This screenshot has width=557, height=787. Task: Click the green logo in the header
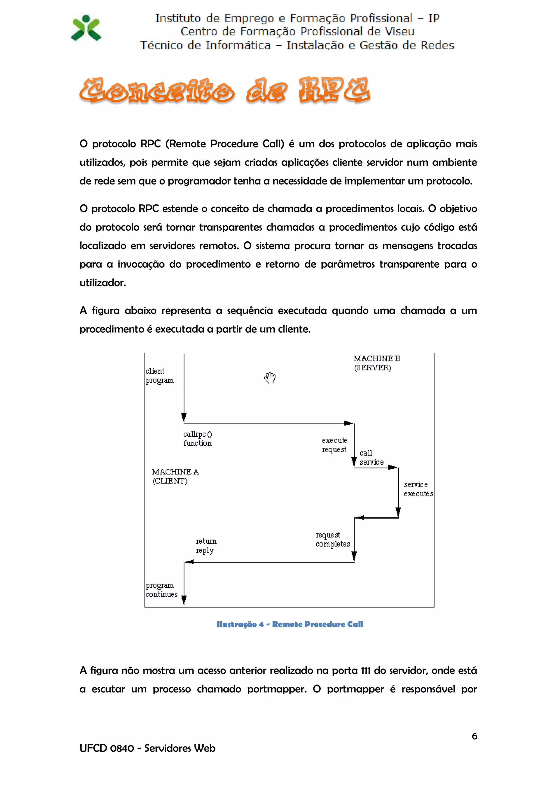(86, 28)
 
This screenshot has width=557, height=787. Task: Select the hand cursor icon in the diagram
(270, 378)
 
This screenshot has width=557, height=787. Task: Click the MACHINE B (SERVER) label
(377, 363)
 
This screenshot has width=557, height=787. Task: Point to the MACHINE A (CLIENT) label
(175, 476)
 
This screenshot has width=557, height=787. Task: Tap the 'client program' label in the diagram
(159, 376)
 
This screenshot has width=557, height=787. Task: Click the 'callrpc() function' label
(197, 439)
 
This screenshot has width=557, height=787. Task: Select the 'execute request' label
(335, 445)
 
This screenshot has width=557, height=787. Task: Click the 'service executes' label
(418, 489)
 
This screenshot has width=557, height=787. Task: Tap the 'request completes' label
(332, 539)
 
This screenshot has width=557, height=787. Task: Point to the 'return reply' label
(206, 546)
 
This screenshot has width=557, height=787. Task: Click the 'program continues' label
(161, 590)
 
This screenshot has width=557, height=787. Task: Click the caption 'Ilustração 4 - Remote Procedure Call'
(290, 624)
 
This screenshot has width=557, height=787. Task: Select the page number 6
(474, 736)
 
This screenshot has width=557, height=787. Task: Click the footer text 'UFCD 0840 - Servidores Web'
(147, 748)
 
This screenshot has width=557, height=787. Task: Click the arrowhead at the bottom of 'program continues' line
(184, 599)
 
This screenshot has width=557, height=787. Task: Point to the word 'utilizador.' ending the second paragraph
(103, 283)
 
